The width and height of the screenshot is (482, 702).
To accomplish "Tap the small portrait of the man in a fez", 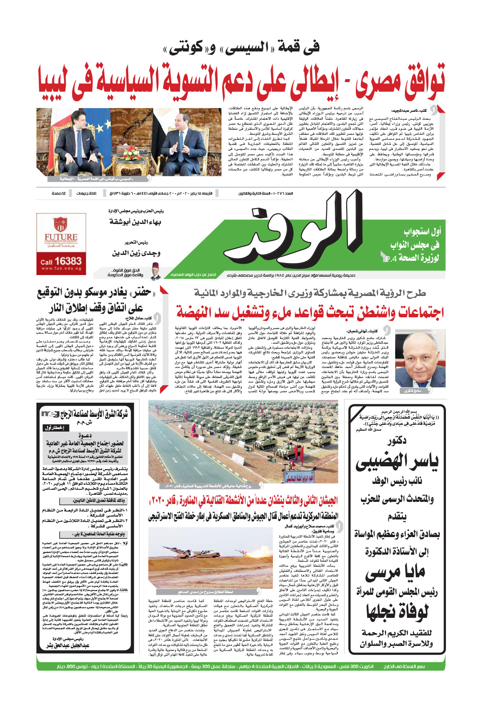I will (156, 272).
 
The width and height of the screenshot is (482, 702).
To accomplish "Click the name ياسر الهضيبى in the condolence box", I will (396, 461).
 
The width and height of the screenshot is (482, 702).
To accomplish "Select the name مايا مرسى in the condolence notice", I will (395, 573).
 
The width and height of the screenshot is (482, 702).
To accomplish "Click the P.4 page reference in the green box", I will (389, 258).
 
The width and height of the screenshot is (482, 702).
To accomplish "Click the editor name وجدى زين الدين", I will (136, 253).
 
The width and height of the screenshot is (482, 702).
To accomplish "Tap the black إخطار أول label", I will (54, 428).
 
